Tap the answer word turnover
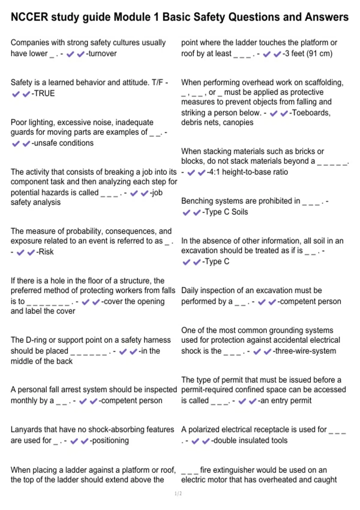click(x=102, y=54)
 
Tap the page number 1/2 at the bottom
click(x=178, y=493)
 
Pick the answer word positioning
click(x=110, y=441)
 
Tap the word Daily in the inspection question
click(x=190, y=291)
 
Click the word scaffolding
click(x=322, y=82)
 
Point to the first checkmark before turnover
click(x=70, y=54)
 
